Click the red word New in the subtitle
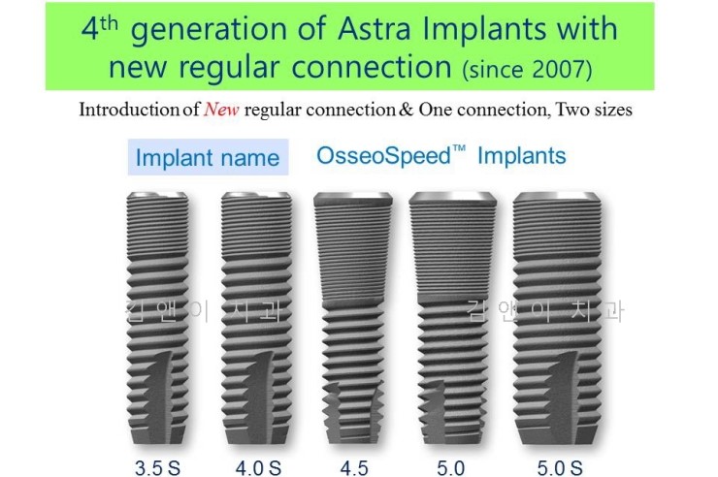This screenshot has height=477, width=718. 221,110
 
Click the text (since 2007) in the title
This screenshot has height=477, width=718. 528,69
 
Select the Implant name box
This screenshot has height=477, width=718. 208,157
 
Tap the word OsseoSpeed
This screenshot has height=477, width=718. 381,155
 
